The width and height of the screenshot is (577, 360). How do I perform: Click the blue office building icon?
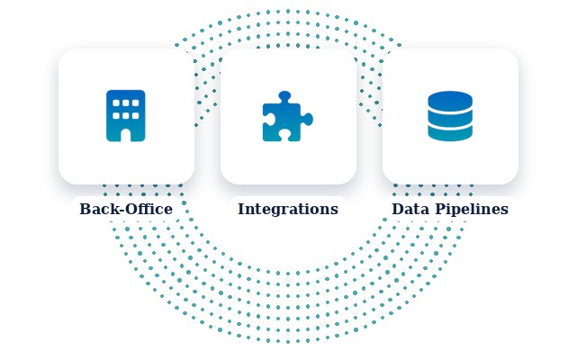click(126, 115)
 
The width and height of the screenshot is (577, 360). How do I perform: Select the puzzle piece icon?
click(288, 116)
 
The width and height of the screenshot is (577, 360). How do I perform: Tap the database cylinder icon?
click(450, 116)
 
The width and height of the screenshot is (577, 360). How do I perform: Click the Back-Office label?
click(126, 209)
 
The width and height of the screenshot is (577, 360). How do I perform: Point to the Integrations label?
click(288, 209)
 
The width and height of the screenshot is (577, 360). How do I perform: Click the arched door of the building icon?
click(126, 135)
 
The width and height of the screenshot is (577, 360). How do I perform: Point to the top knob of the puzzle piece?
click(284, 96)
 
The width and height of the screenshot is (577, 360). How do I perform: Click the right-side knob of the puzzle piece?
click(308, 120)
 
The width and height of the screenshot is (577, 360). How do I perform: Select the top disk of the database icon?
click(450, 100)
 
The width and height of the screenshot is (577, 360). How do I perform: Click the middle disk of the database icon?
click(450, 118)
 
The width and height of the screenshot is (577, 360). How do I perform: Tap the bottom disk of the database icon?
click(450, 133)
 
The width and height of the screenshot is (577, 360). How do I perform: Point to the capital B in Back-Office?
click(86, 209)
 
